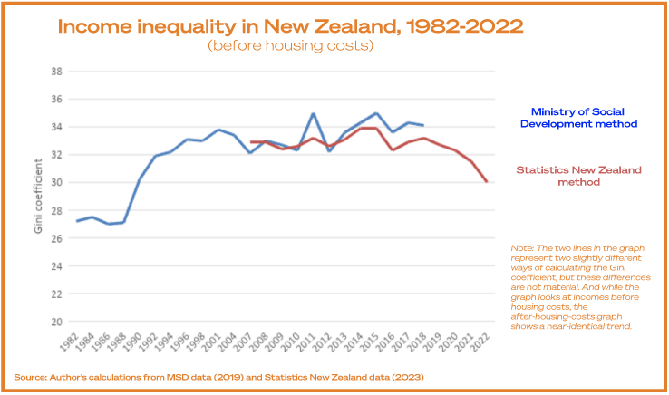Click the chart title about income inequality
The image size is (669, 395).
[x=290, y=24]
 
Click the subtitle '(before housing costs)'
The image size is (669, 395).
[x=290, y=45]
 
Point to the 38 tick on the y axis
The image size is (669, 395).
[x=55, y=71]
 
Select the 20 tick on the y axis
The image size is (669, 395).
[x=55, y=322]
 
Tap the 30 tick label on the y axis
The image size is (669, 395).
[x=55, y=182]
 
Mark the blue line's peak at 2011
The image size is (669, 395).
[x=314, y=114]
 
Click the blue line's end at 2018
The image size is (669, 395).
[x=423, y=126]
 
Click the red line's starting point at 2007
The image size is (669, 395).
[x=250, y=141]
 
